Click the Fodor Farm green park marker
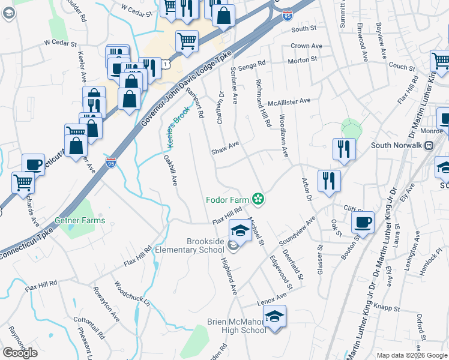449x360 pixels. coord(259,199)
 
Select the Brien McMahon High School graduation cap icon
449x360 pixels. coord(274,316)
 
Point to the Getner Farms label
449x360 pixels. coord(80,220)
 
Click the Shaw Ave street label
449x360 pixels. coord(225,148)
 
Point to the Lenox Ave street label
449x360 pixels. coord(273,299)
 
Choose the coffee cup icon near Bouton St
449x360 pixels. coord(363,222)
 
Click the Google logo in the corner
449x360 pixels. coord(20,353)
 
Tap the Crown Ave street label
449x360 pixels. coord(308,46)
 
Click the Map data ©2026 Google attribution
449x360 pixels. coord(411,355)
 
